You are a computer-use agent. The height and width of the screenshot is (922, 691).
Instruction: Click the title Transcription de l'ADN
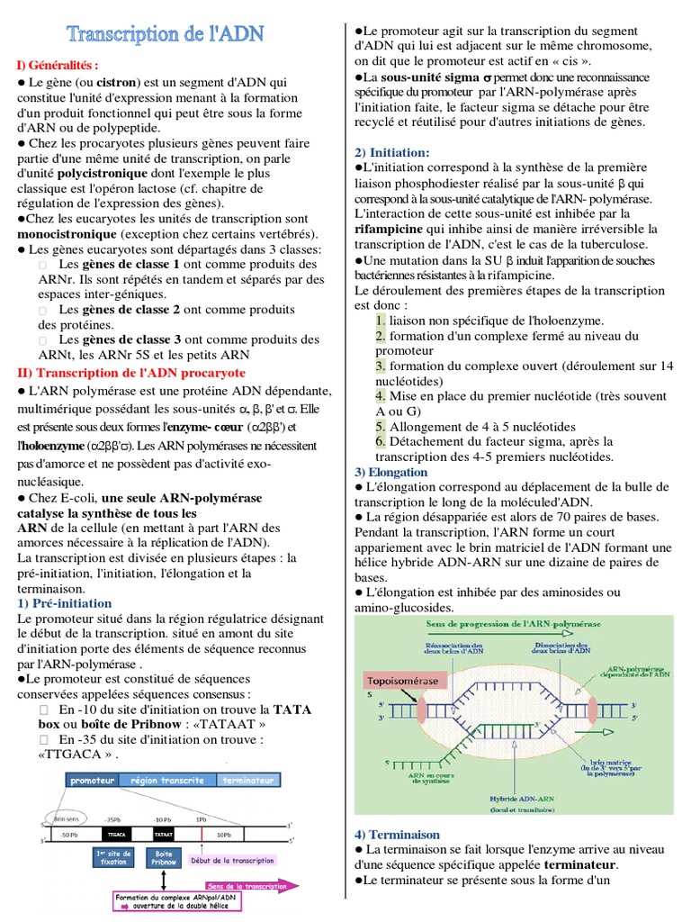[x=166, y=35]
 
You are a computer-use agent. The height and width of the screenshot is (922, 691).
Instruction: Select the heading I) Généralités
[x=56, y=65]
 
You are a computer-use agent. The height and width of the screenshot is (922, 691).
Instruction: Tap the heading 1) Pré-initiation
[x=65, y=603]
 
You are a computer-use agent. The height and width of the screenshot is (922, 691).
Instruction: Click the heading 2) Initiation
[x=391, y=152]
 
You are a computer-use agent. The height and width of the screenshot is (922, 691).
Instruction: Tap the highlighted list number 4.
[x=381, y=395]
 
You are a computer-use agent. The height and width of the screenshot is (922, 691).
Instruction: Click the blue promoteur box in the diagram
[x=92, y=781]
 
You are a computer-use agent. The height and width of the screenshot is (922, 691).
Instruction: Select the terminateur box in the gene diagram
[x=247, y=781]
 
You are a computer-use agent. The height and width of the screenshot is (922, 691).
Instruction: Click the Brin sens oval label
[x=68, y=818]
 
